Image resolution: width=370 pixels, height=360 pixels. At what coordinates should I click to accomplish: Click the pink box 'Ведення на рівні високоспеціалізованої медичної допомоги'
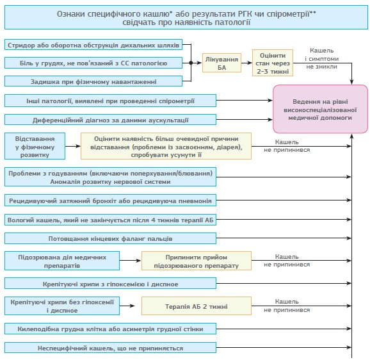320,109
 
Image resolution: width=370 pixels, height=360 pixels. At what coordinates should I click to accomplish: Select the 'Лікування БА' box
221,63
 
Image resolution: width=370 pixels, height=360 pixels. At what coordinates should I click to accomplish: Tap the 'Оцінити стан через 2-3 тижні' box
273,63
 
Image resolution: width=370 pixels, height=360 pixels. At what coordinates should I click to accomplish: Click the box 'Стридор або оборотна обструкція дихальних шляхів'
93,45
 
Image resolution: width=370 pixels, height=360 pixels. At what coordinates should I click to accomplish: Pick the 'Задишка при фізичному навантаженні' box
93,81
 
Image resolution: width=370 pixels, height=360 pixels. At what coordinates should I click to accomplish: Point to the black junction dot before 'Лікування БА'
191,63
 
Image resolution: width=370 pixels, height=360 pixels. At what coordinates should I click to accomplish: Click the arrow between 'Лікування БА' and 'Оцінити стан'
246,63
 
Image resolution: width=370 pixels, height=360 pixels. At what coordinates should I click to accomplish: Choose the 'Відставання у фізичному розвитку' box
35,146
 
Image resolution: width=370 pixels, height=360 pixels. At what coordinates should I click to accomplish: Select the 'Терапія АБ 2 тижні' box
197,306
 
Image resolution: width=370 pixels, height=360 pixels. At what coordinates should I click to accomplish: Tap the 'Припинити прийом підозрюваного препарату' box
197,261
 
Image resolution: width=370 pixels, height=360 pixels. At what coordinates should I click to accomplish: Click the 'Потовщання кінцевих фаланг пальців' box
110,238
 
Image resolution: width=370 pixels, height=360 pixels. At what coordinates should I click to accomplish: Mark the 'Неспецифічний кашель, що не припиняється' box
110,347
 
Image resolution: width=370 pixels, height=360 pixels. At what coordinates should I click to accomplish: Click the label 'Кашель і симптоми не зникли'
321,58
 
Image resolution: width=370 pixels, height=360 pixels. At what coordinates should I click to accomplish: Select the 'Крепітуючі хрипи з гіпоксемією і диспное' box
110,283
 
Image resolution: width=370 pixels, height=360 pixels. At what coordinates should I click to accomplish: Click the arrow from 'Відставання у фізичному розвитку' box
73,146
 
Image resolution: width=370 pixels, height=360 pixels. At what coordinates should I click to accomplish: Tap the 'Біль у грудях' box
93,63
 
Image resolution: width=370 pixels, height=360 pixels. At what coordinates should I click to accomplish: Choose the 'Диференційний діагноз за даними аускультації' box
110,119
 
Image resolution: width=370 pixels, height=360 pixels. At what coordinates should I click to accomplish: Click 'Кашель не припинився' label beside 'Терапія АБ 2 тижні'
287,306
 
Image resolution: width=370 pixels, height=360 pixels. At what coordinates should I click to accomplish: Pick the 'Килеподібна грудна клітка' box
110,329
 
